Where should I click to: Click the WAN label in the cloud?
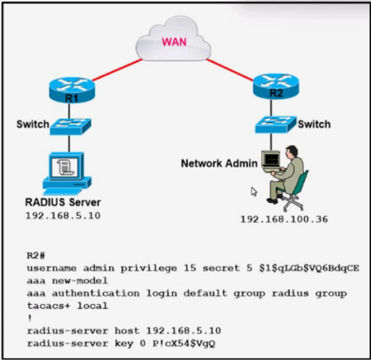[174, 42]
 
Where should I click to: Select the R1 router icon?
[72, 90]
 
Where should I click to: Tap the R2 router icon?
[276, 86]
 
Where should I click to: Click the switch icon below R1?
[70, 126]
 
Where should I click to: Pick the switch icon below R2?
[275, 125]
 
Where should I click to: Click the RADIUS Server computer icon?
[67, 173]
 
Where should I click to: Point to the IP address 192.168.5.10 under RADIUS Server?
[63, 216]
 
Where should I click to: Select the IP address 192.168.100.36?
[284, 219]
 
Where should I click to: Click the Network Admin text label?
[219, 164]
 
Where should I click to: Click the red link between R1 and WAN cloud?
[117, 70]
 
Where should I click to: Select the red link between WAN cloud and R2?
[230, 70]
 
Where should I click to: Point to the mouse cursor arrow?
[254, 192]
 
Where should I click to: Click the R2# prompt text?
[36, 256]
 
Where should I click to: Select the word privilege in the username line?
[149, 269]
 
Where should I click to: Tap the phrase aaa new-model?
[67, 280]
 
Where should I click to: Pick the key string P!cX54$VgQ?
[183, 343]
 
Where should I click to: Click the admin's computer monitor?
[271, 160]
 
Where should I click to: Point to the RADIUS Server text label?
[63, 202]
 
